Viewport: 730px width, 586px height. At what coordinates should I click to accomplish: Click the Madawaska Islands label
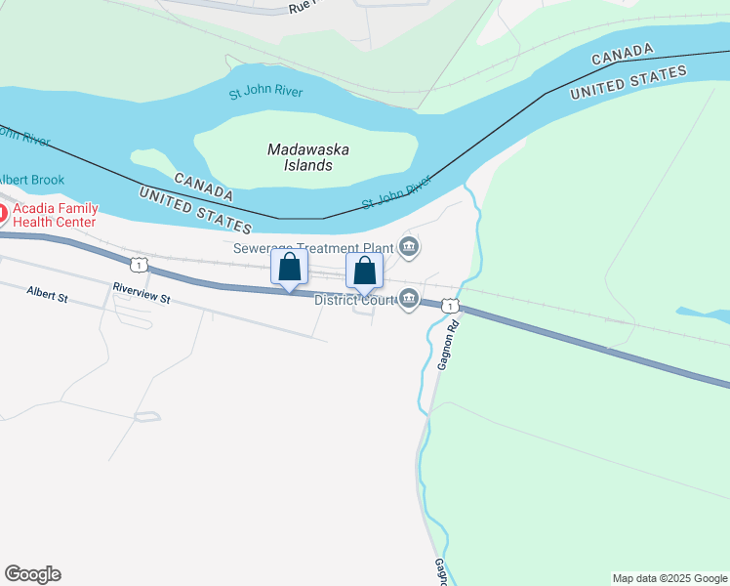pyautogui.click(x=308, y=157)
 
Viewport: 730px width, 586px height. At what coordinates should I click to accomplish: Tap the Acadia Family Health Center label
pyautogui.click(x=54, y=215)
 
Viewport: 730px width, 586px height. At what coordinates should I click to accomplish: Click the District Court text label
pyautogui.click(x=352, y=300)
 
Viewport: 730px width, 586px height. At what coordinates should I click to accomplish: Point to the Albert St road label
pyautogui.click(x=47, y=292)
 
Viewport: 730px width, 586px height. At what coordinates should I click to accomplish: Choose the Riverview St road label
pyautogui.click(x=142, y=293)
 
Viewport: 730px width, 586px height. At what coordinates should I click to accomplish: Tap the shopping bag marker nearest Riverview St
pyautogui.click(x=290, y=268)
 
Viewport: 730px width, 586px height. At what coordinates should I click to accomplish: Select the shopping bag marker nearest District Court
pyautogui.click(x=364, y=271)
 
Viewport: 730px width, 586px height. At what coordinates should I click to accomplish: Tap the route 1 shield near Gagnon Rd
pyautogui.click(x=448, y=307)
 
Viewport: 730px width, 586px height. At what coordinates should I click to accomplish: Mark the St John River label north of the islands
pyautogui.click(x=265, y=93)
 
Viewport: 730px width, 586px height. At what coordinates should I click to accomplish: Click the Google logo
pyautogui.click(x=32, y=574)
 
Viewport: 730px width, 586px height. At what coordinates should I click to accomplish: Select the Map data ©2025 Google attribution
pyautogui.click(x=669, y=578)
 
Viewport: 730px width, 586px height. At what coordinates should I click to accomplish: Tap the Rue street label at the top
pyautogui.click(x=302, y=7)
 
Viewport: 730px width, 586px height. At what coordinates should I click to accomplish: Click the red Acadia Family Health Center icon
pyautogui.click(x=3, y=211)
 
